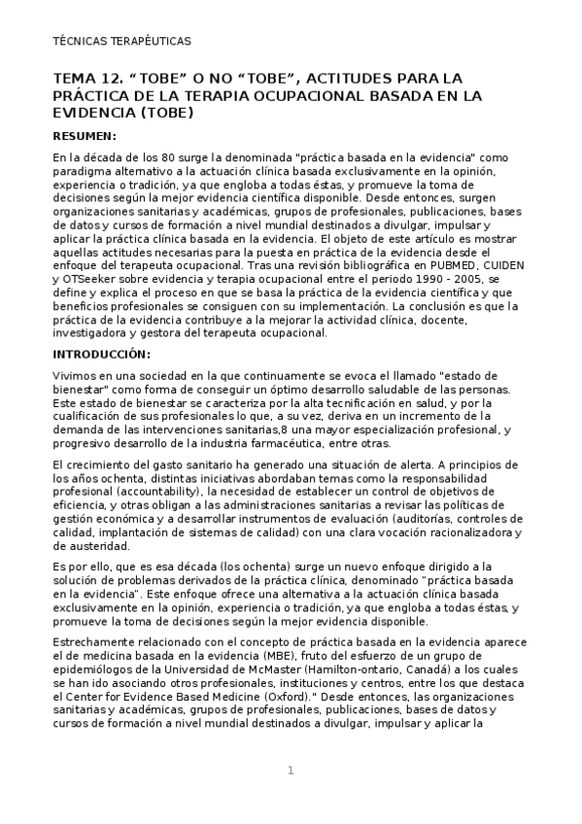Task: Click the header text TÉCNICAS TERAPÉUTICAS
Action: pyautogui.click(x=121, y=42)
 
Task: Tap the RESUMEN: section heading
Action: pyautogui.click(x=85, y=135)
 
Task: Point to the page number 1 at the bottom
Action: pyautogui.click(x=290, y=772)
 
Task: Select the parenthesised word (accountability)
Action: pyautogui.click(x=150, y=493)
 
